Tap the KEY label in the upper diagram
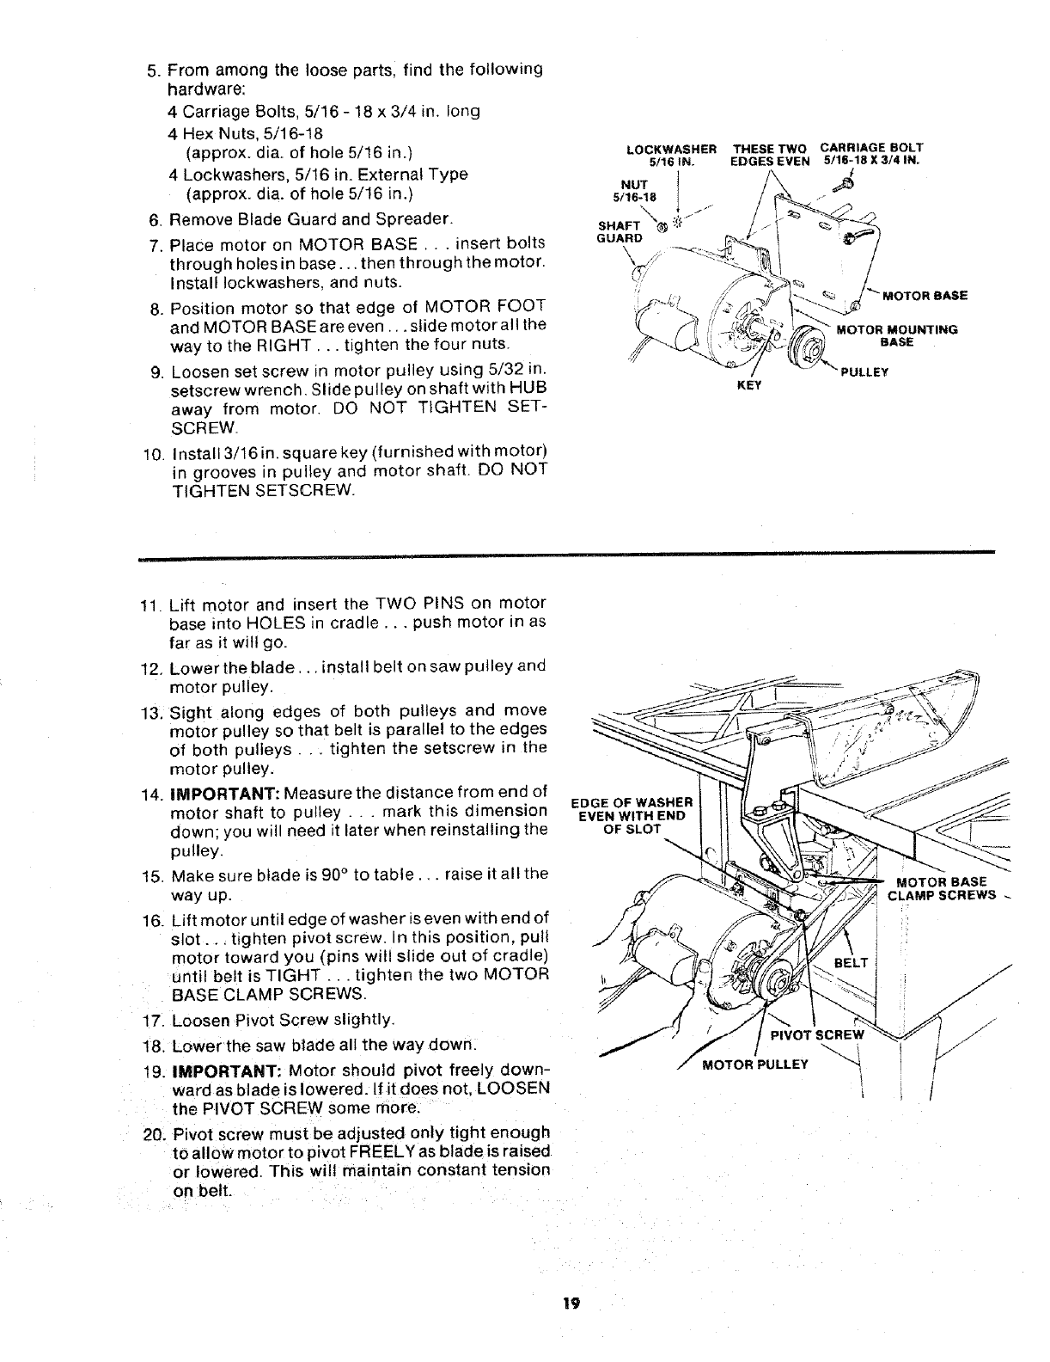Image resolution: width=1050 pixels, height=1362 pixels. pos(750,385)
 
